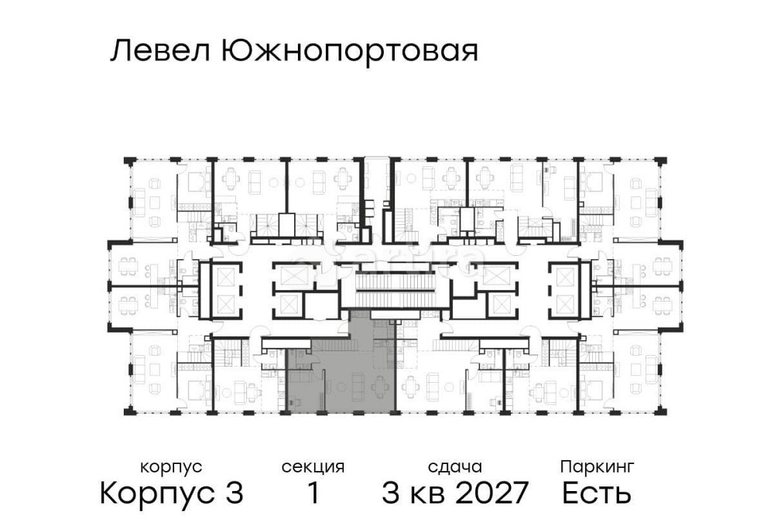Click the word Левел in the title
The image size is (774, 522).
pos(159,52)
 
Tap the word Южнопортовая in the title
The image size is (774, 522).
pos(349,53)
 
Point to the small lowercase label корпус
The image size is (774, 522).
pos(171,467)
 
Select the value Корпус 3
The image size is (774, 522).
pos(172,493)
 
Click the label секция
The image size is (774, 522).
pos(313,467)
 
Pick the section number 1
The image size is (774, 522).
pos(313,493)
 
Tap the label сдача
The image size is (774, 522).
pos(455,467)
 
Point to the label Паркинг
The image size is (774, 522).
pos(597,467)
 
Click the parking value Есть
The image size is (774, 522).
pos(597,493)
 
